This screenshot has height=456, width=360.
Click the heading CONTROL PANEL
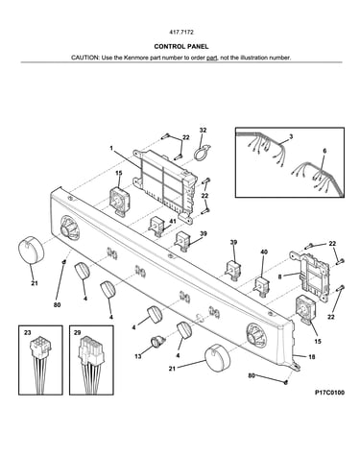[x=181, y=46]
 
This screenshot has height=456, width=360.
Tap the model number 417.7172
[x=181, y=33]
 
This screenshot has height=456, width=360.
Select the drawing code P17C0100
[x=329, y=393]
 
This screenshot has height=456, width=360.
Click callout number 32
[x=203, y=131]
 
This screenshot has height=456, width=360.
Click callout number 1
[x=111, y=148]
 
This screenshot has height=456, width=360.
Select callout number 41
[x=173, y=221]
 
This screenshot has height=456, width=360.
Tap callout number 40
[x=264, y=252]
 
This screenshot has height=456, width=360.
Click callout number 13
[x=138, y=356]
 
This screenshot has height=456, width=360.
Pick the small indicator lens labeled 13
[x=157, y=341]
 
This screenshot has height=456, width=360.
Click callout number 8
[x=279, y=276]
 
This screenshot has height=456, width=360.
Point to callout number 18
[x=311, y=356]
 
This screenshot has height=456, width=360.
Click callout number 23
[x=28, y=333]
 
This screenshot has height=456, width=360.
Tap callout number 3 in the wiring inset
[x=291, y=136]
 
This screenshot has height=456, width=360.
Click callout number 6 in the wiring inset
[x=324, y=151]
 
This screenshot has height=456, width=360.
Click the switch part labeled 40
[x=262, y=286]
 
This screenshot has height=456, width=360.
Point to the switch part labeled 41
[x=156, y=227]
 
